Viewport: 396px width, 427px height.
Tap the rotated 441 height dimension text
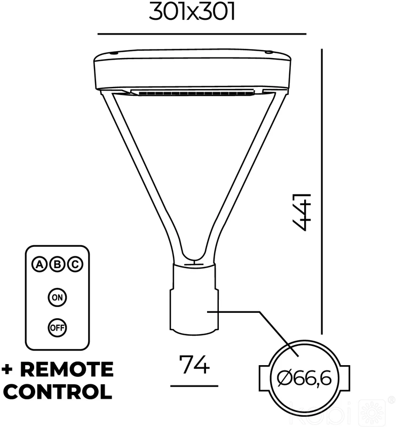click(x=302, y=212)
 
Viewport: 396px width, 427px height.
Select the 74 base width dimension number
click(x=195, y=365)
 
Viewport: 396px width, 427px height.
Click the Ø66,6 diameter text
click(x=304, y=378)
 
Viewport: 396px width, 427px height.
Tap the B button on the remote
click(x=58, y=264)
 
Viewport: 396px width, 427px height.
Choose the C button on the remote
click(x=75, y=264)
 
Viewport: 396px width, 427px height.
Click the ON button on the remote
click(x=57, y=297)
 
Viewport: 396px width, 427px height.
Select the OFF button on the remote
click(x=57, y=328)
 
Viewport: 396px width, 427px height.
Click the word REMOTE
click(x=67, y=369)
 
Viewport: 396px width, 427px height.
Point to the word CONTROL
click(x=58, y=392)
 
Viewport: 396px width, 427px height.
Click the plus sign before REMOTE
click(x=7, y=370)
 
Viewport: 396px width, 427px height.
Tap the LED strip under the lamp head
click(x=193, y=92)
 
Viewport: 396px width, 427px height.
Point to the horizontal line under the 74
click(x=194, y=386)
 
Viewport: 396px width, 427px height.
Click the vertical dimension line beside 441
click(x=322, y=191)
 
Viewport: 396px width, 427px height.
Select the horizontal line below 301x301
click(x=202, y=34)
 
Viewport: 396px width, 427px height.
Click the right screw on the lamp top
click(x=269, y=52)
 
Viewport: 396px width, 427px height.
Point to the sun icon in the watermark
click(x=372, y=413)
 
